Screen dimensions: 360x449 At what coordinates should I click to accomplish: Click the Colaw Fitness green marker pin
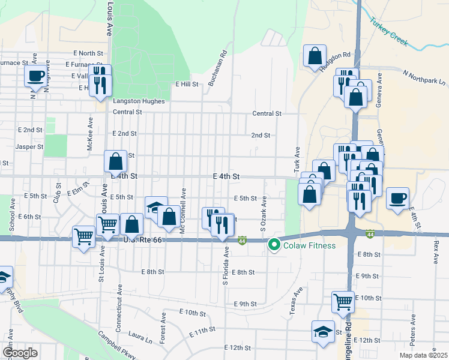tap(274, 245)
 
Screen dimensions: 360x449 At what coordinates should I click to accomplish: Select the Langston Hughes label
tap(139, 101)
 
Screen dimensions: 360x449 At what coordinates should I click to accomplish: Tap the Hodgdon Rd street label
tap(334, 62)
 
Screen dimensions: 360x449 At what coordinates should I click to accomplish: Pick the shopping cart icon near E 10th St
tap(343, 302)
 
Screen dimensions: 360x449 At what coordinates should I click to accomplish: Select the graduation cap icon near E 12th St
tap(323, 331)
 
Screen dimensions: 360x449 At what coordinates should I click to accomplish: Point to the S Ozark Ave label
tap(262, 215)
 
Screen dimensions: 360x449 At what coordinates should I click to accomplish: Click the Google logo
tap(20, 353)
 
